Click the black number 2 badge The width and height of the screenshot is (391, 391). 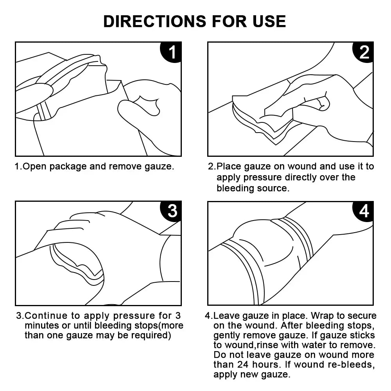[x=364, y=52]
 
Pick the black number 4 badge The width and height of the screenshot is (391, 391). [x=364, y=211]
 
